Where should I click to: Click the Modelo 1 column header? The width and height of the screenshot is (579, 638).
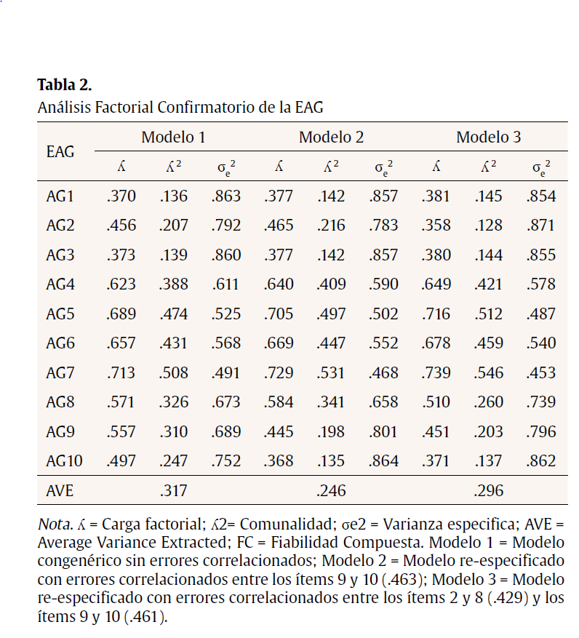[173, 137]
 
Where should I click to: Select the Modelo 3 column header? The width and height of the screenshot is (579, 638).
[488, 137]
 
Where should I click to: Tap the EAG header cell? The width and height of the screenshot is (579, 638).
[60, 152]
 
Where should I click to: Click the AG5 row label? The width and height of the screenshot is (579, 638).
[60, 314]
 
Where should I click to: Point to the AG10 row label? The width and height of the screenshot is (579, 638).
[64, 460]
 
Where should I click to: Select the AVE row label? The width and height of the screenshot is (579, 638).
[60, 490]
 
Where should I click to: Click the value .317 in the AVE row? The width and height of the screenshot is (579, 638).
[173, 490]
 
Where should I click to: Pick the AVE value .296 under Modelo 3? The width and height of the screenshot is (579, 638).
[488, 490]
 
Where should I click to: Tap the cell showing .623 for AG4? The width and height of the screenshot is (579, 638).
[121, 284]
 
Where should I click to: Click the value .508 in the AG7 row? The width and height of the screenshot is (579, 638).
[173, 372]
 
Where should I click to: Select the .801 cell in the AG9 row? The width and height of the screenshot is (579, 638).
[383, 431]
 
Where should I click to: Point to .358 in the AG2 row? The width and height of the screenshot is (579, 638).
[436, 225]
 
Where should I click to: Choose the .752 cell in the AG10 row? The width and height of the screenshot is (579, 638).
[225, 460]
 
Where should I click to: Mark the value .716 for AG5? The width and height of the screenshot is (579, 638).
[436, 314]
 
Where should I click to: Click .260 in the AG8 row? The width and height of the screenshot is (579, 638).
[488, 402]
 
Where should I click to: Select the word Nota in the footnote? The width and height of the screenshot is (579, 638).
[53, 525]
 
